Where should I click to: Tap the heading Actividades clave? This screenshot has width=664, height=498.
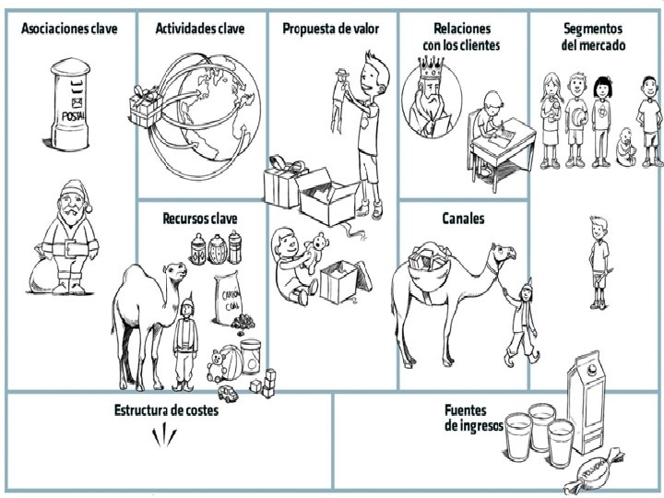pyautogui.click(x=200, y=29)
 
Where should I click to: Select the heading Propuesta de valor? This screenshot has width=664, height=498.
pyautogui.click(x=330, y=29)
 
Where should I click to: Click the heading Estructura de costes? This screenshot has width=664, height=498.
pyautogui.click(x=166, y=410)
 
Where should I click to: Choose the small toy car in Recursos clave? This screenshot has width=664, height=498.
pyautogui.click(x=231, y=392)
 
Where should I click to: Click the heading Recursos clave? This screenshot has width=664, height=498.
pyautogui.click(x=199, y=219)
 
